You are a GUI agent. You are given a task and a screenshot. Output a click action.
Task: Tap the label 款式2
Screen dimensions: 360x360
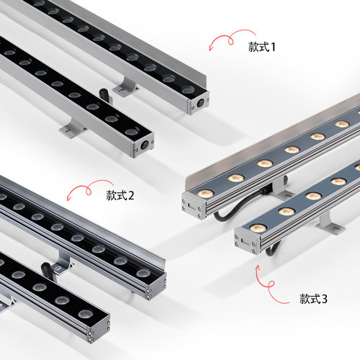click(x=120, y=194)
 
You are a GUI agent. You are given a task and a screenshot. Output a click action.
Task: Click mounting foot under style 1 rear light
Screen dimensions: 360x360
click(x=127, y=88)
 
